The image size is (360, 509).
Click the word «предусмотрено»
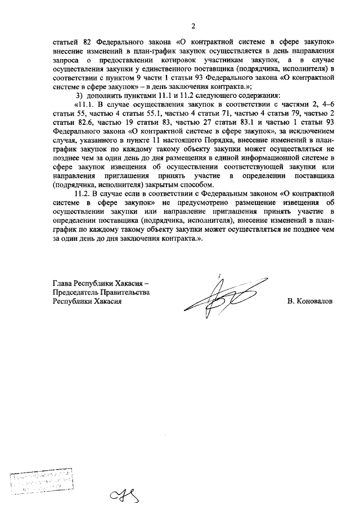click(192, 203)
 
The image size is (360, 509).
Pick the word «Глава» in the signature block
click(62, 283)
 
